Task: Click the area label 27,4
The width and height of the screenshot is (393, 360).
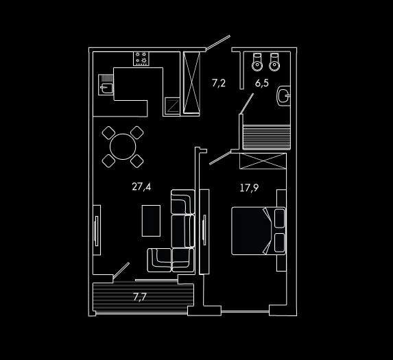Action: (141, 187)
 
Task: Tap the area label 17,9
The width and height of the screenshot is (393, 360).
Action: (249, 188)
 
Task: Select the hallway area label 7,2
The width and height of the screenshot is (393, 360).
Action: (219, 83)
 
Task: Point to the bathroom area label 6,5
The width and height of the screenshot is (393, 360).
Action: (262, 83)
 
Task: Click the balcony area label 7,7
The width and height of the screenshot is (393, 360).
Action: (140, 297)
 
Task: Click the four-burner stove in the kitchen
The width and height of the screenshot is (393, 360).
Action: (141, 58)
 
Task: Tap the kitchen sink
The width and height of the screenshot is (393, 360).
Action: (106, 84)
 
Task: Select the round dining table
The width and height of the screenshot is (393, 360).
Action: (123, 147)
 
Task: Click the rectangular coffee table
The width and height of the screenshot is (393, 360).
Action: (151, 221)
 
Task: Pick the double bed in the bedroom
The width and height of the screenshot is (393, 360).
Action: (258, 230)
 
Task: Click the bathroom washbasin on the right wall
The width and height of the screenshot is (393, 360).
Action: (283, 96)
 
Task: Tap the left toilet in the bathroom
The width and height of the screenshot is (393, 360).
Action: (257, 62)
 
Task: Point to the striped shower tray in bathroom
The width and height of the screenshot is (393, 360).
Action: (267, 136)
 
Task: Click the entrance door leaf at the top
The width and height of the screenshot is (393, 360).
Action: (218, 43)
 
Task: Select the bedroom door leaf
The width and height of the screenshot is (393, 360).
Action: (220, 158)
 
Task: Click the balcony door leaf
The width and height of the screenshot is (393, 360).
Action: (121, 270)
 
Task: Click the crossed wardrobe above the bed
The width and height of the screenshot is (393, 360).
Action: (263, 161)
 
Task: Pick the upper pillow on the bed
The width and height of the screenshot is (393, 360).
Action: (279, 218)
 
